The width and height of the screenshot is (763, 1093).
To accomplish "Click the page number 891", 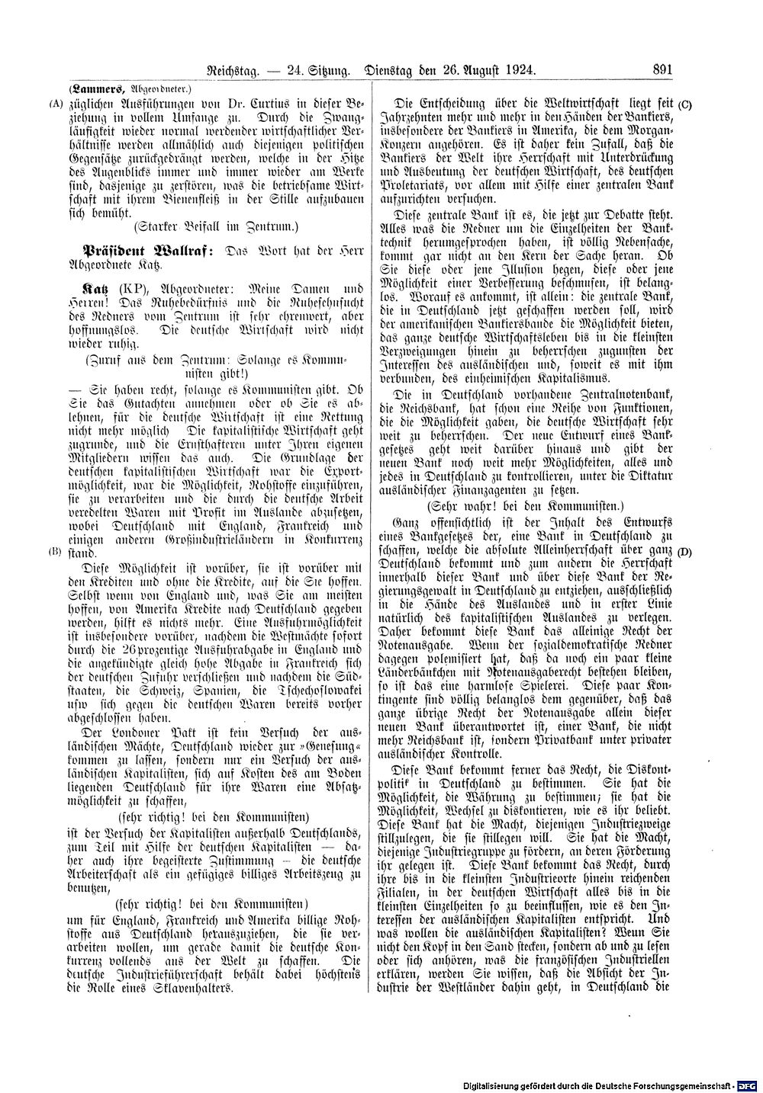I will point(662,71).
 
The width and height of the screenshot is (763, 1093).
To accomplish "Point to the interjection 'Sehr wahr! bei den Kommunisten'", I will point(525,505).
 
